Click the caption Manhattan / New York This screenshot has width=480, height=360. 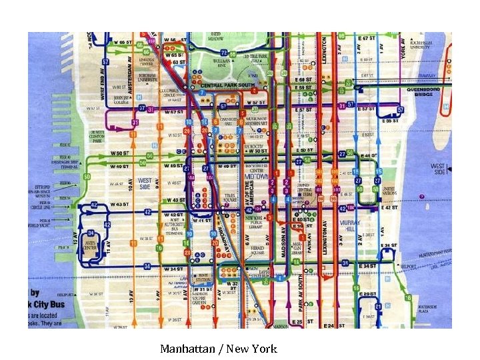[x=218, y=349]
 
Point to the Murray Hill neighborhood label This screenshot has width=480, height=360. [x=349, y=225]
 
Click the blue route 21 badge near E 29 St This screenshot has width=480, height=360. [x=378, y=306]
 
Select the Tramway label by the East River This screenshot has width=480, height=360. [x=427, y=75]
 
